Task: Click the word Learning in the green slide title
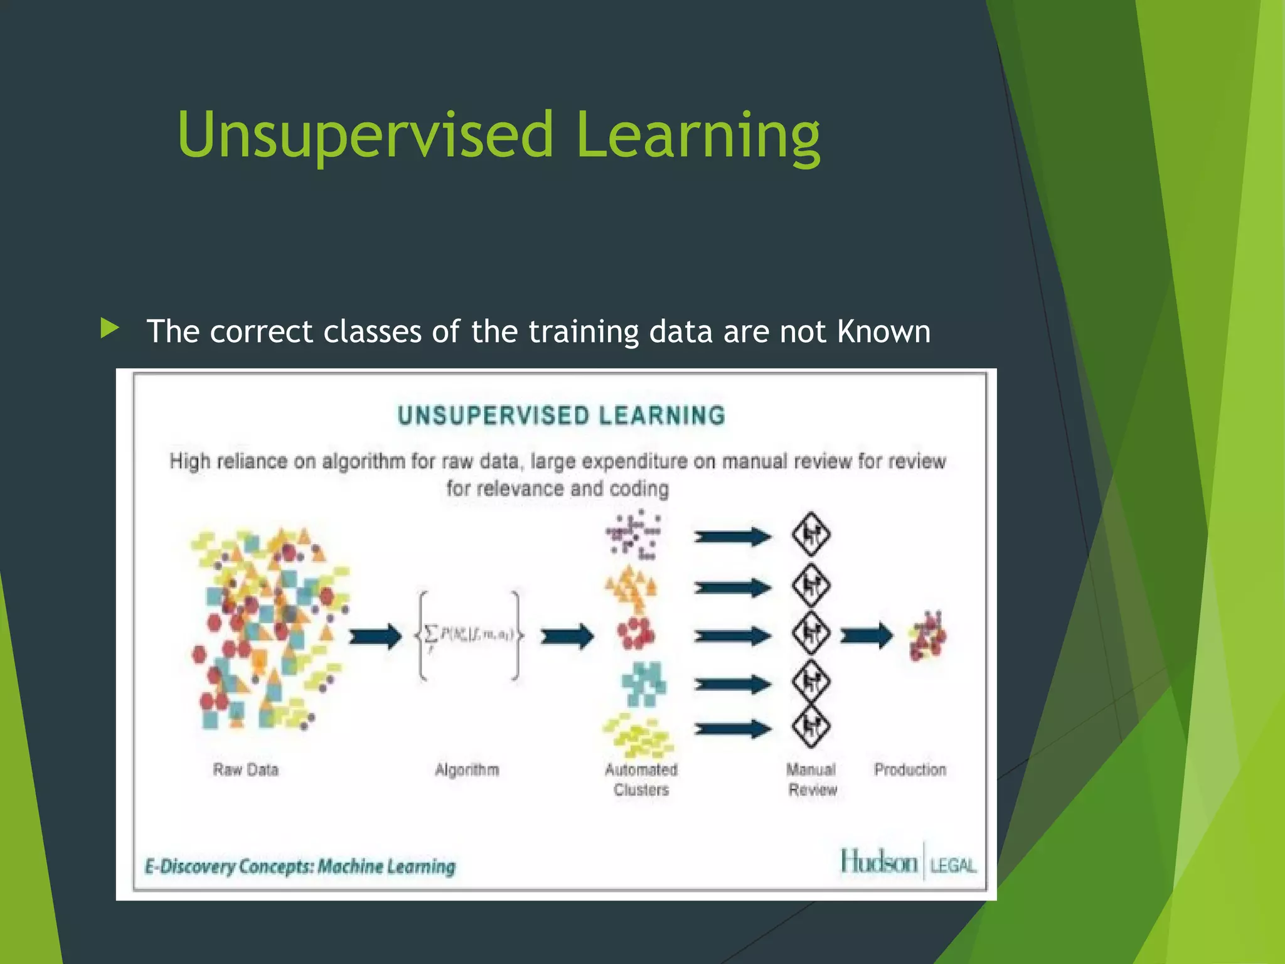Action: click(x=697, y=135)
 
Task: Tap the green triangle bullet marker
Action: click(x=109, y=328)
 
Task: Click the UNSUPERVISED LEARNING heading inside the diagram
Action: click(x=562, y=415)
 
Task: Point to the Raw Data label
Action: click(x=245, y=769)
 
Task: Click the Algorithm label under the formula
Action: click(x=467, y=769)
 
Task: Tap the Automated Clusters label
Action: click(x=641, y=779)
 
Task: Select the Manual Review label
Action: click(x=811, y=779)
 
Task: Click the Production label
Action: click(x=910, y=769)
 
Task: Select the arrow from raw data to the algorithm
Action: click(x=375, y=636)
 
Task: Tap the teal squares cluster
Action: click(x=643, y=683)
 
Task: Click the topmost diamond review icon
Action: click(x=811, y=535)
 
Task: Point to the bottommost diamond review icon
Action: click(x=811, y=727)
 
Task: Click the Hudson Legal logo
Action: click(x=908, y=862)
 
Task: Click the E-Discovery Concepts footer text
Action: click(x=300, y=867)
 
